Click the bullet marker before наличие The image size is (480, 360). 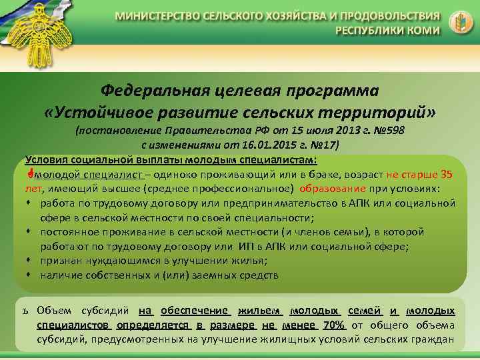[x=30, y=275]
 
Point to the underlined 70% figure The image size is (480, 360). [x=333, y=325]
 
